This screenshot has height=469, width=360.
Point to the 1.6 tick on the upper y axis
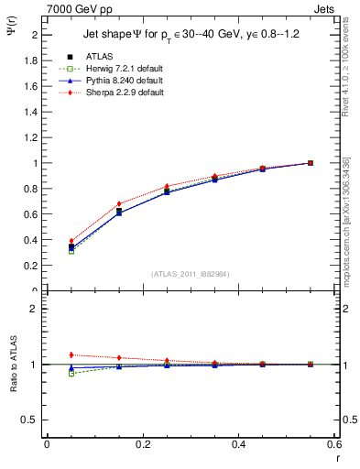point(33,86)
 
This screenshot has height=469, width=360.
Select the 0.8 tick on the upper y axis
point(33,189)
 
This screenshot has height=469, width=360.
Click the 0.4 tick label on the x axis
point(238,443)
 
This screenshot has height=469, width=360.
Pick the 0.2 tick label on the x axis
point(142,443)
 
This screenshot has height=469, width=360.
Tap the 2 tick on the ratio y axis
point(35,309)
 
